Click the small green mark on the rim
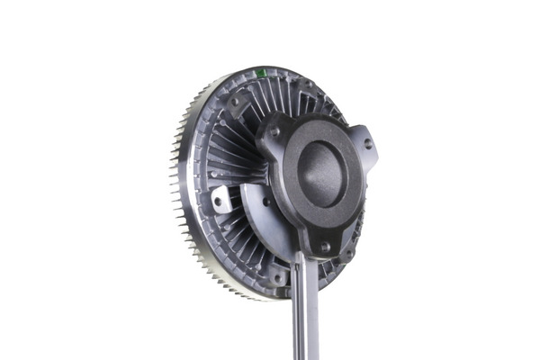pos(260,73)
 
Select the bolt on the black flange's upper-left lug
pos(274,132)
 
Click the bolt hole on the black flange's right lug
pos(367,144)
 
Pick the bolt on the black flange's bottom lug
pos(323,246)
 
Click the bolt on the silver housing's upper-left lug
pos(236,102)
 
